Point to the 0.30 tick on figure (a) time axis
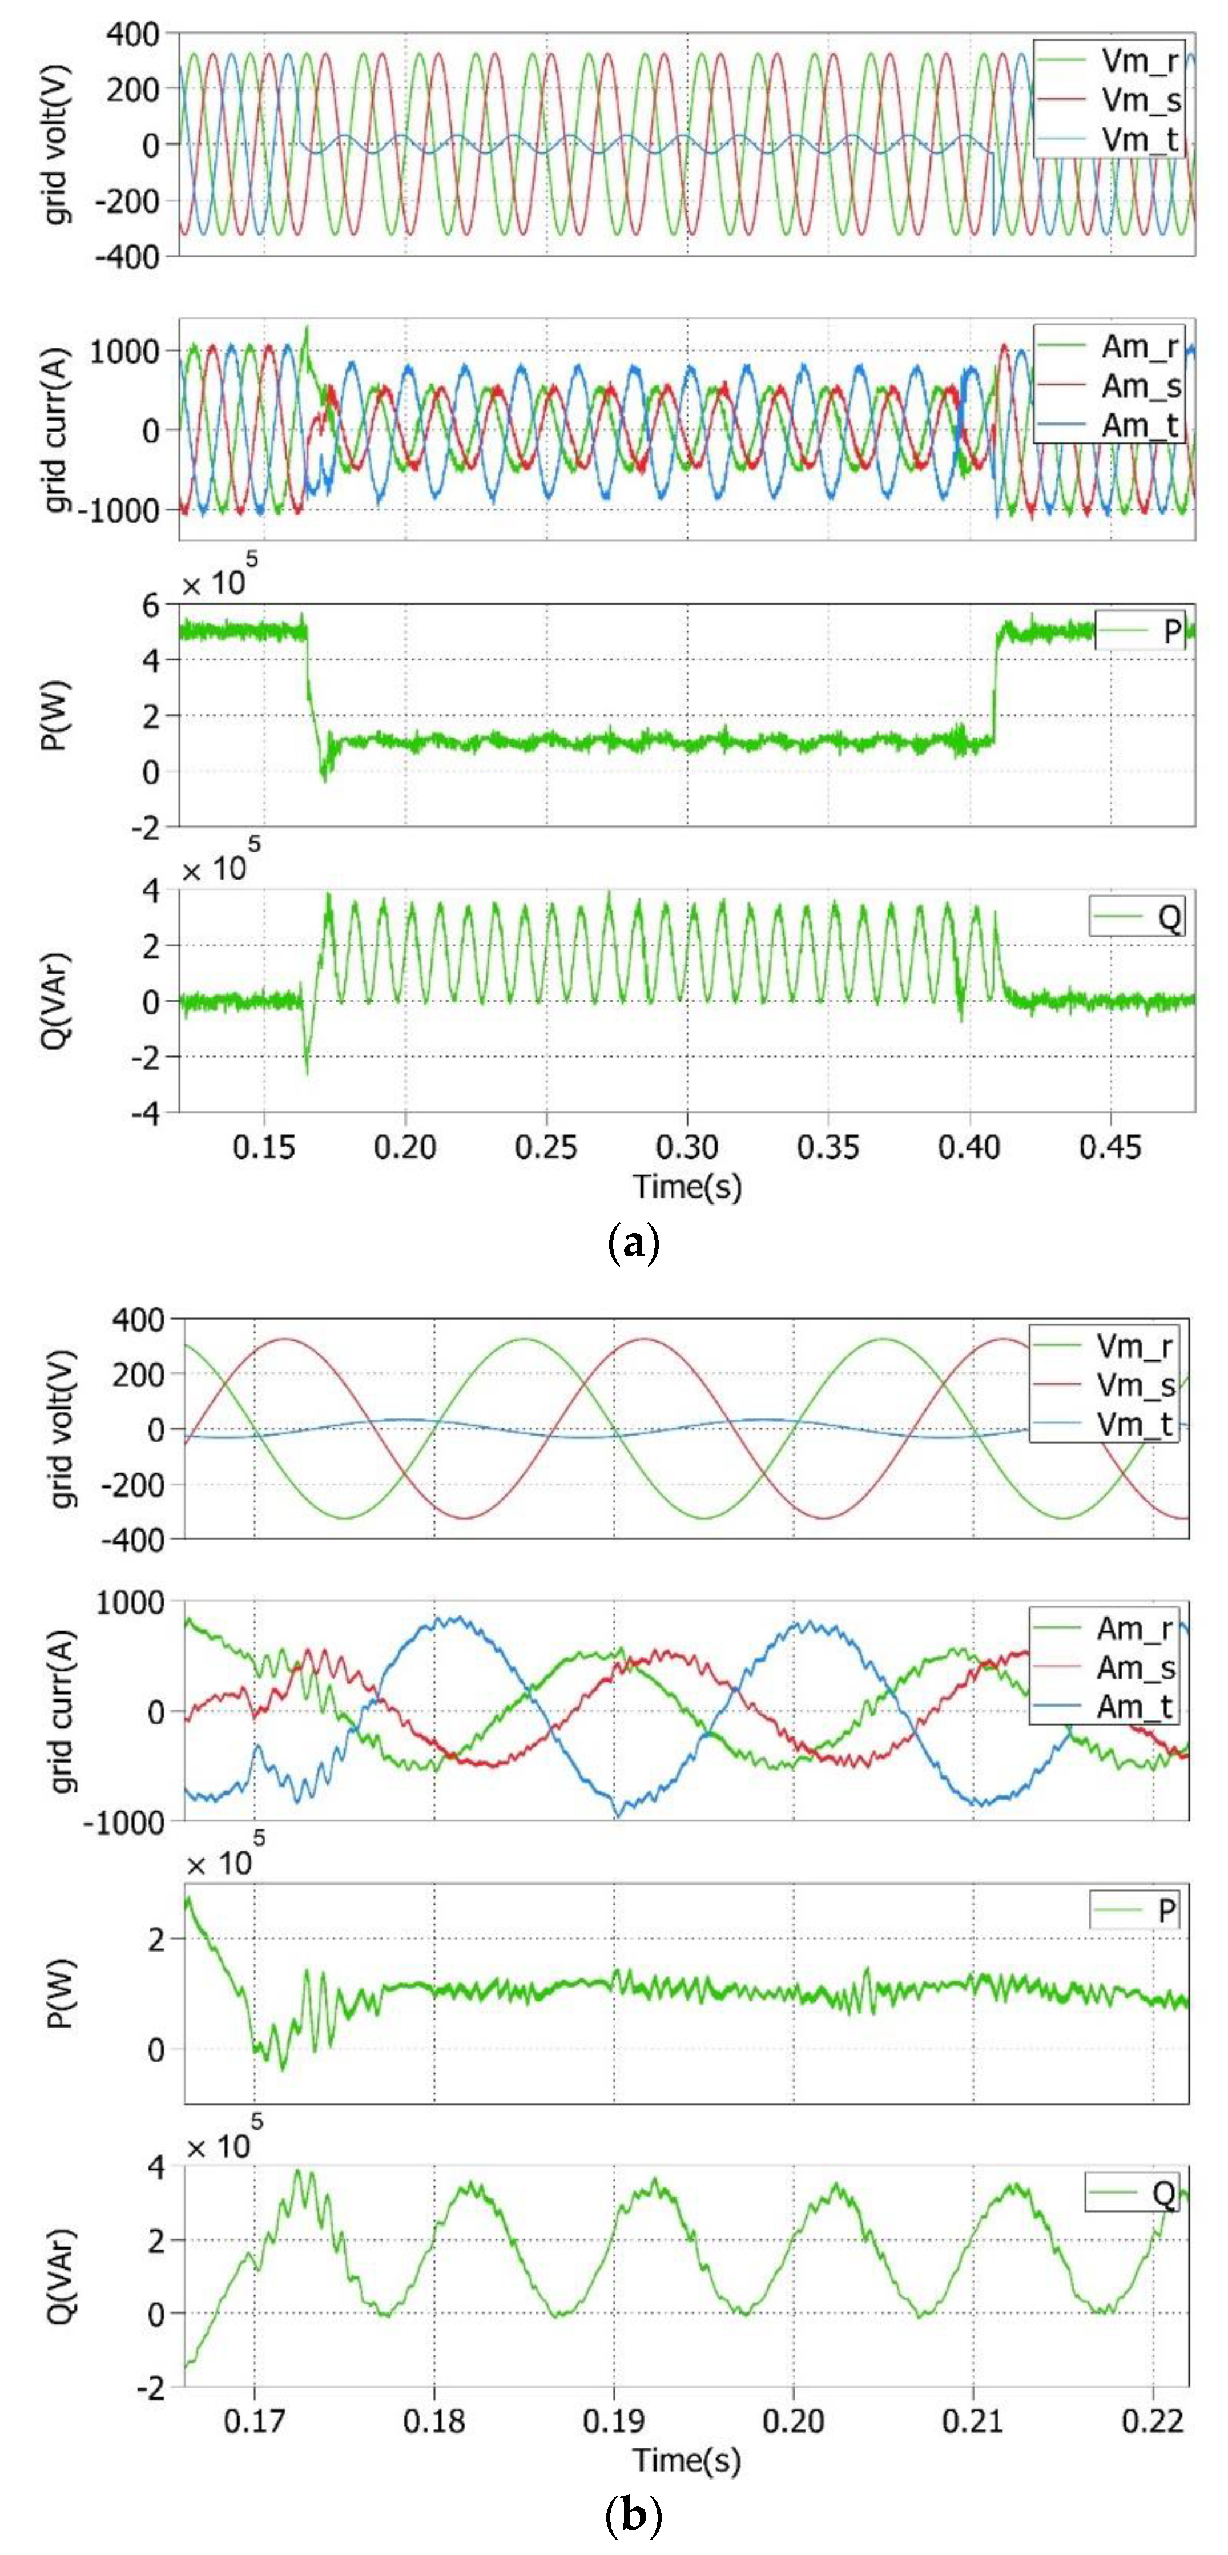686,1147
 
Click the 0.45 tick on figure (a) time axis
1110,1147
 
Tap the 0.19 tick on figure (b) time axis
613,2421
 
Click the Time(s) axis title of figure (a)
686,1186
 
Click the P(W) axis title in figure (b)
59,1994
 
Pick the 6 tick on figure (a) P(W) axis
151,605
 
